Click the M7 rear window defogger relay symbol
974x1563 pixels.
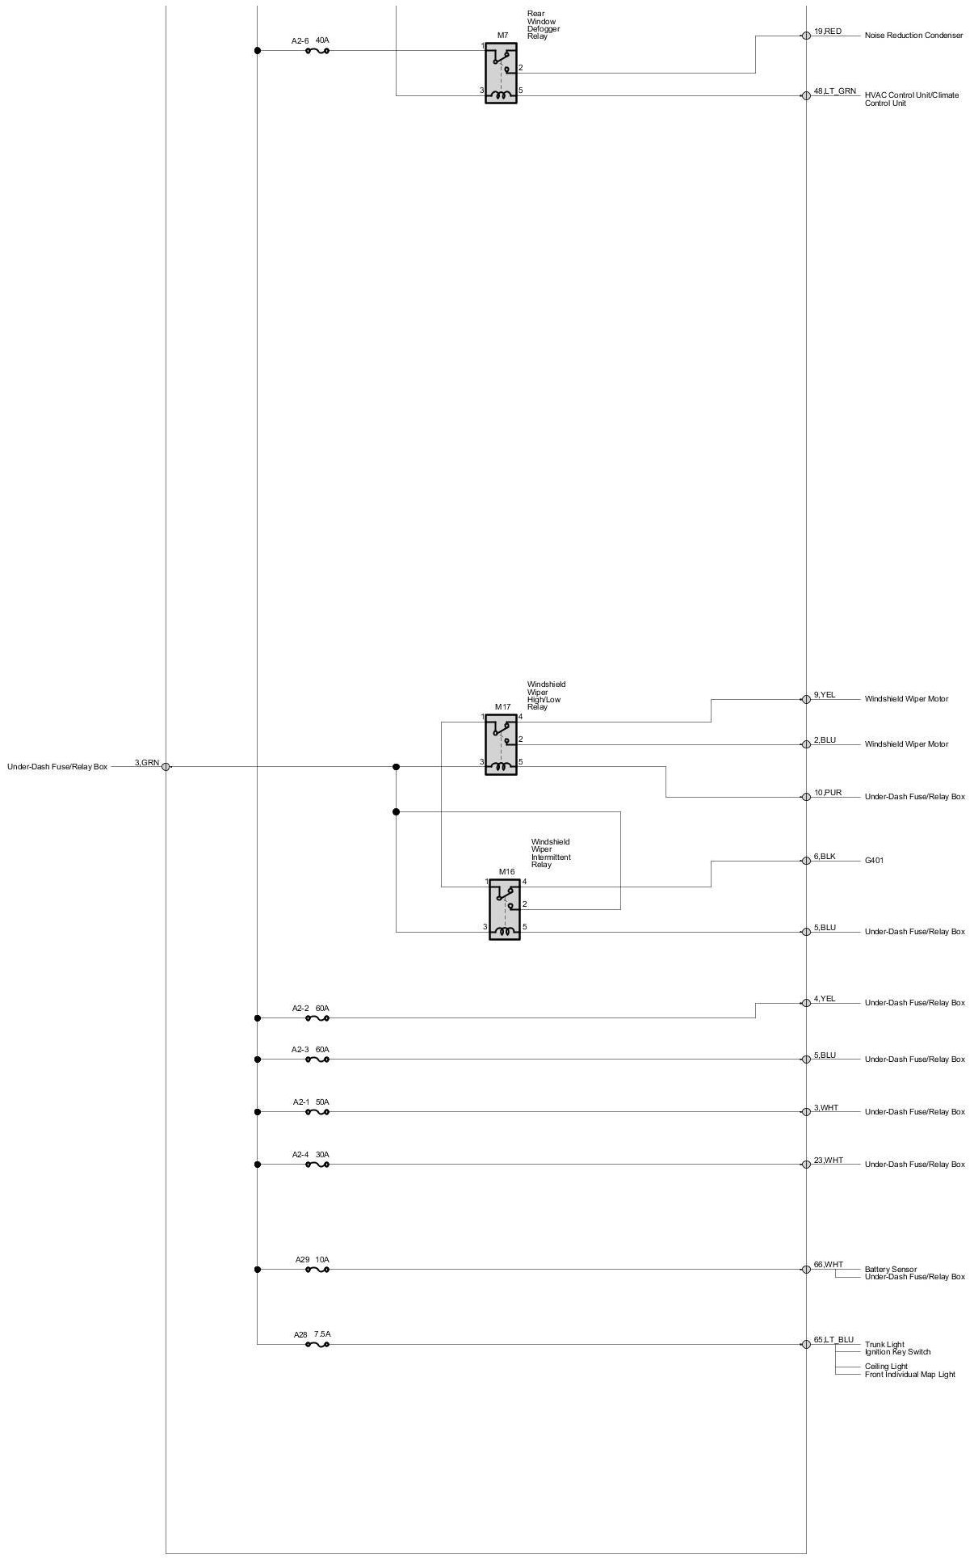tap(501, 73)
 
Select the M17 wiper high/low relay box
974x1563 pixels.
tap(501, 744)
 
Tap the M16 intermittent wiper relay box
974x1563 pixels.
tap(504, 909)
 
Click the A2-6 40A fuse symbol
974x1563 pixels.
tap(317, 51)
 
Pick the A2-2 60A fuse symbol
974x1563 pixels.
tap(317, 1018)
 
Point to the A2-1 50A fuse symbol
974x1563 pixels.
tap(317, 1112)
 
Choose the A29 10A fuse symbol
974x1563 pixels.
tap(317, 1270)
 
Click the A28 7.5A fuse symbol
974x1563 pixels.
tap(317, 1345)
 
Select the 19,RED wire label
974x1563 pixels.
tap(828, 32)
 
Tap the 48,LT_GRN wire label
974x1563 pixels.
tap(835, 91)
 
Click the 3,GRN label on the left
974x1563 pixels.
tap(147, 762)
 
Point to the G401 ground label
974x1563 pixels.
tap(874, 861)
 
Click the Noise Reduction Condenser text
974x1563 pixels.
tap(913, 36)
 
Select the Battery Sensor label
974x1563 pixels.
tap(890, 1270)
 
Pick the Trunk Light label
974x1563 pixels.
tap(884, 1345)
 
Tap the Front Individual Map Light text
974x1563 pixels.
tap(909, 1375)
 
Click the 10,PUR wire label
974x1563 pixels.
tap(828, 793)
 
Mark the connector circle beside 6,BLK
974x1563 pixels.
tap(806, 861)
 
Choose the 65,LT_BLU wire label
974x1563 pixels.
tap(833, 1340)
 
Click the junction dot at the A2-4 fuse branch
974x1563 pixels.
tap(258, 1165)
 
